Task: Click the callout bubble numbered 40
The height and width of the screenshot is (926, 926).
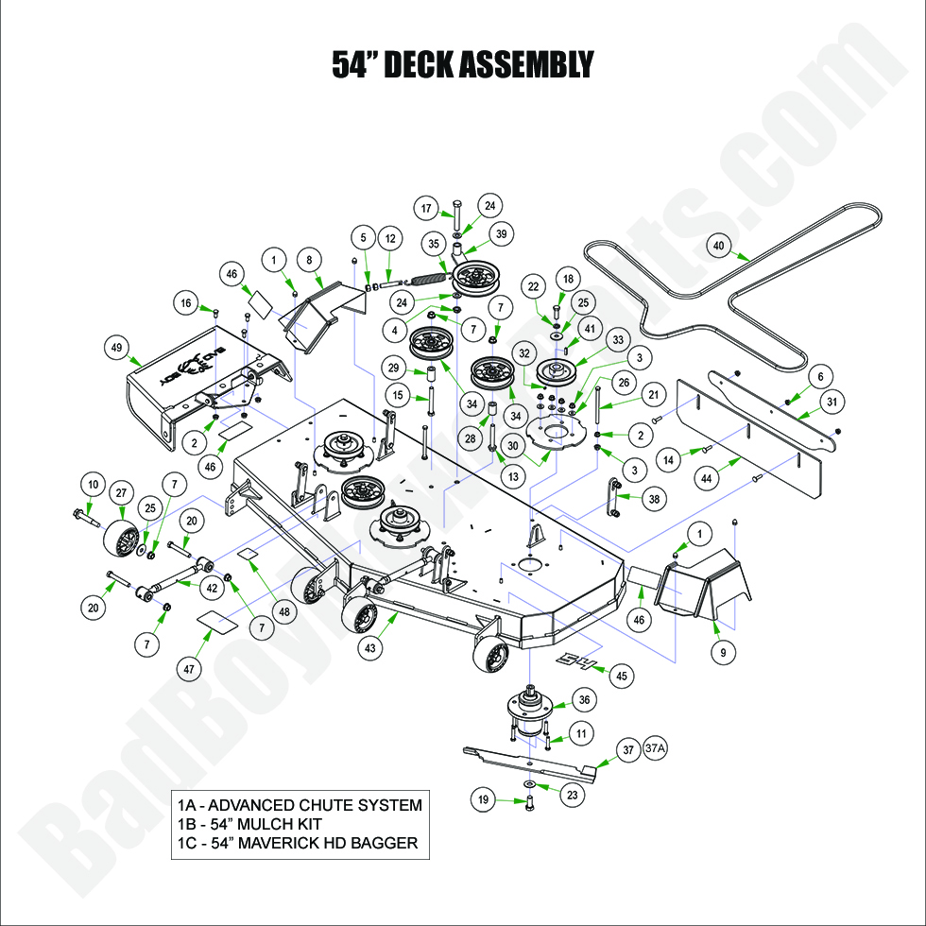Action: pyautogui.click(x=718, y=246)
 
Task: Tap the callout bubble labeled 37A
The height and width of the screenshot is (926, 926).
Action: pyautogui.click(x=656, y=748)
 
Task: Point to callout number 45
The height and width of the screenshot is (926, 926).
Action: pyautogui.click(x=621, y=676)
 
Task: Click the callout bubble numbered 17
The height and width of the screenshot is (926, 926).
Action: pyautogui.click(x=426, y=209)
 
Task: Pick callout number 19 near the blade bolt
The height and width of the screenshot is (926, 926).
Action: pyautogui.click(x=484, y=799)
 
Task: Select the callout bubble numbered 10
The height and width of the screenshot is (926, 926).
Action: pyautogui.click(x=93, y=486)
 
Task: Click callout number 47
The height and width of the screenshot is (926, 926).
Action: pyautogui.click(x=190, y=669)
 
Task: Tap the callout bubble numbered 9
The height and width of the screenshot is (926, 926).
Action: pyautogui.click(x=722, y=651)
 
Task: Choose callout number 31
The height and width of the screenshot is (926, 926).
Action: pyautogui.click(x=832, y=403)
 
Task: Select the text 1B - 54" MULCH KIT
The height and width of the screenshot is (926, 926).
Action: pyautogui.click(x=249, y=824)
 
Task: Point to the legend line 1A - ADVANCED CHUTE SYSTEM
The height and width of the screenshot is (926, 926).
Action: pyautogui.click(x=299, y=805)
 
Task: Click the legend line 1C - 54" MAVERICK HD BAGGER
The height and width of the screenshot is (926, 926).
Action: pyautogui.click(x=297, y=843)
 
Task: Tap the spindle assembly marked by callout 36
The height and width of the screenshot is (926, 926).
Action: pyautogui.click(x=532, y=709)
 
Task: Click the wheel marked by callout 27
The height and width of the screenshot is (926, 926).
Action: pyautogui.click(x=119, y=541)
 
